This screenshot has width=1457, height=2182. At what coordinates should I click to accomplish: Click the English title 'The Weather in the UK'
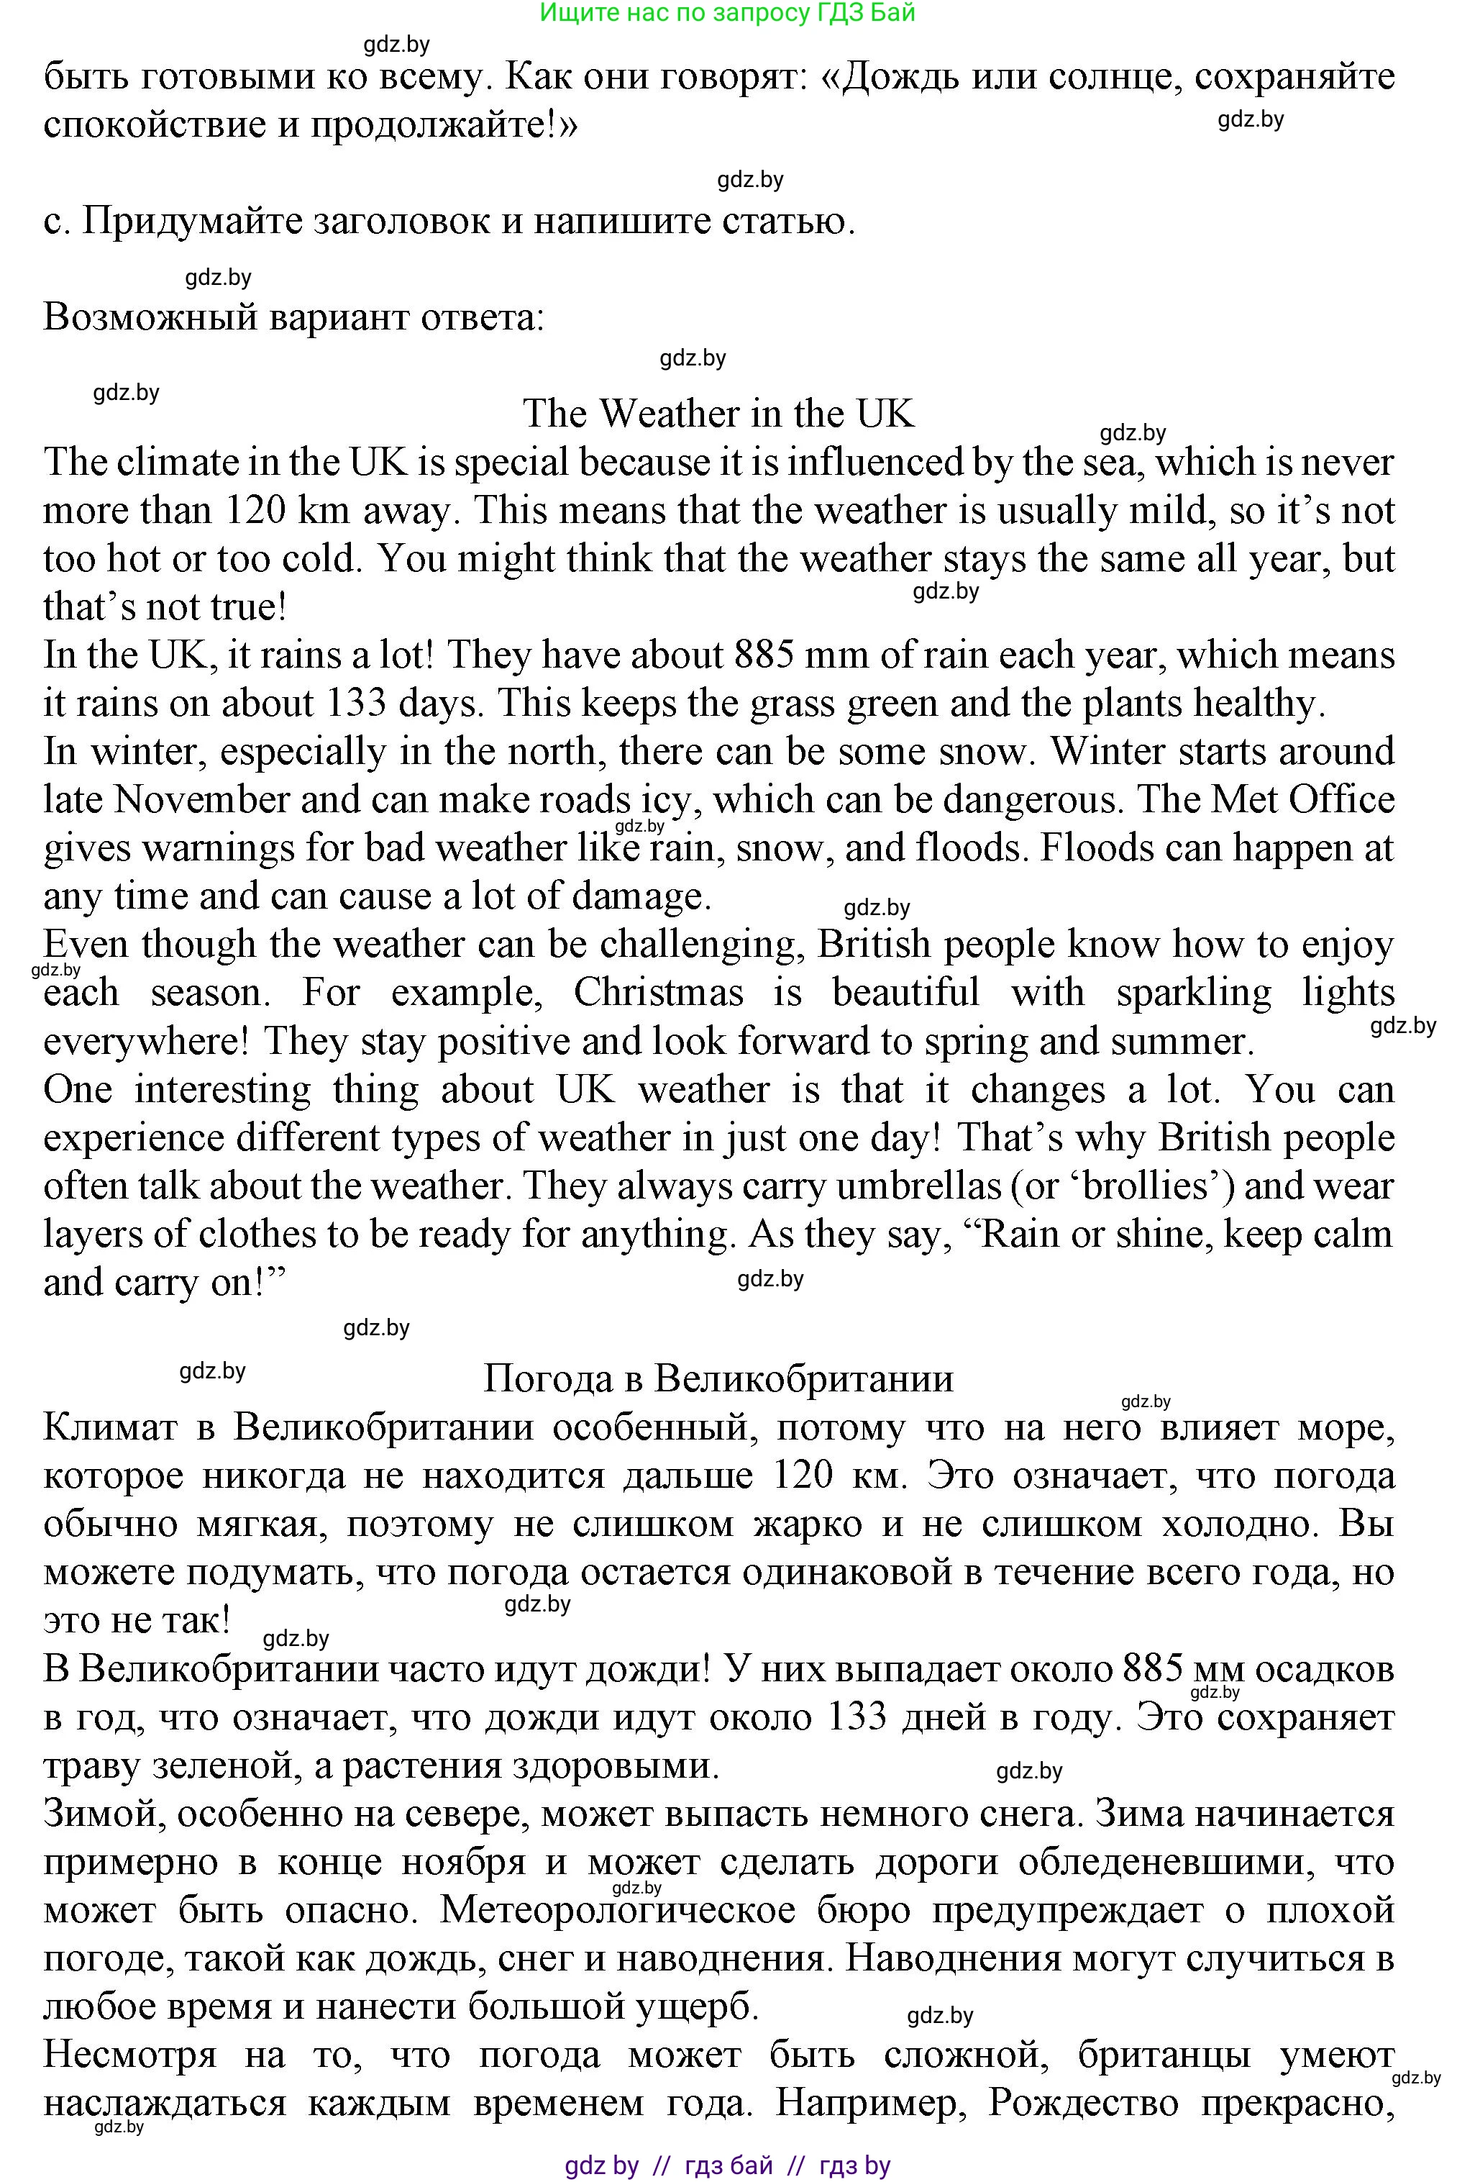[x=718, y=414]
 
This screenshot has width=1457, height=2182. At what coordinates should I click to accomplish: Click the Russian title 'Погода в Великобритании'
[x=718, y=1378]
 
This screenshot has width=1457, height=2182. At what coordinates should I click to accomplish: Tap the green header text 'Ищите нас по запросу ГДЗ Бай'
[x=728, y=12]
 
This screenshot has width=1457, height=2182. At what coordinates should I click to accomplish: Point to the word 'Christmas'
[x=658, y=993]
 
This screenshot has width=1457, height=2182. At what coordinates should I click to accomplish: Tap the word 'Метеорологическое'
[x=618, y=1911]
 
